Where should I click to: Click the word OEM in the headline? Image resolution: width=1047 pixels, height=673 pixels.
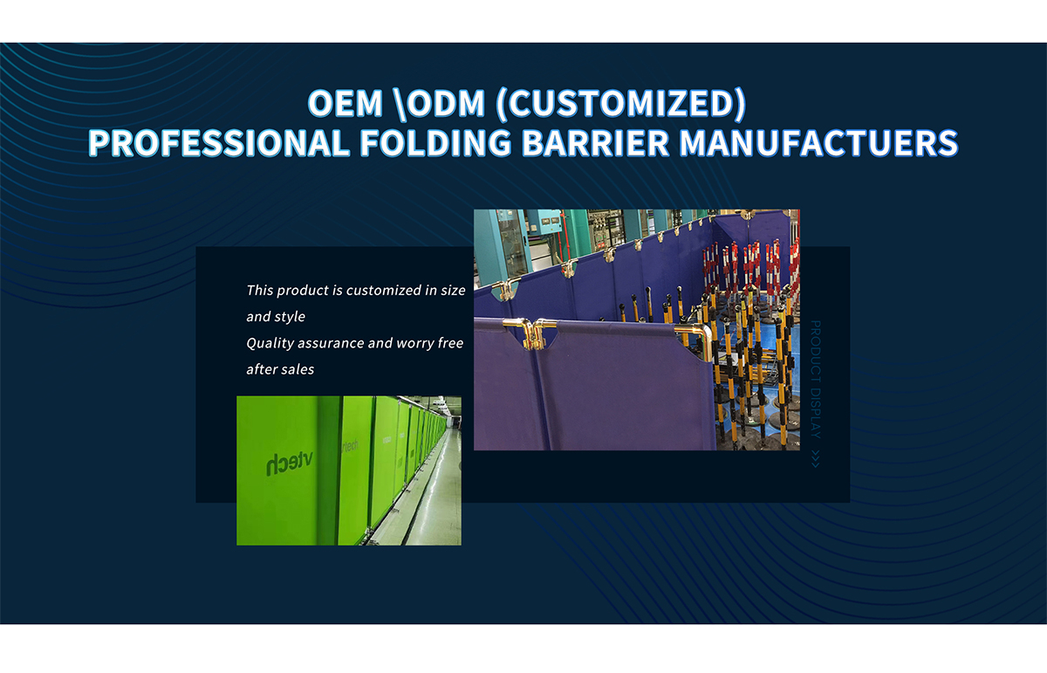coord(346,103)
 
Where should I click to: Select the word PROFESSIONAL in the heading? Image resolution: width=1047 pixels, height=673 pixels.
coord(219,142)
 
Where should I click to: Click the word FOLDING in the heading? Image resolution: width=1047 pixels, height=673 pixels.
coord(435,142)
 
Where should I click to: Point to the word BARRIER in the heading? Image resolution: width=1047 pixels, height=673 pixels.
coord(595,142)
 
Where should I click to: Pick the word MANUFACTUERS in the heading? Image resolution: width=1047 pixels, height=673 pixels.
coord(818,142)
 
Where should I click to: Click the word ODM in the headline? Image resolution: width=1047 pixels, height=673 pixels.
coord(446,103)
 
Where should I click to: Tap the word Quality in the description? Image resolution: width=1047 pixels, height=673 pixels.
coord(270,344)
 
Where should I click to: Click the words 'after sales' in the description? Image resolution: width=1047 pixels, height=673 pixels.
coord(280,369)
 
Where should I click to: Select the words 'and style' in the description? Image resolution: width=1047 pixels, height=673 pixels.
coord(276,317)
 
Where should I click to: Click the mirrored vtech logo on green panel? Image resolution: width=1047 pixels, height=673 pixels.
coord(290,464)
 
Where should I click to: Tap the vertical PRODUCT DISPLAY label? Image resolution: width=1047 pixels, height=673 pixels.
coord(815,380)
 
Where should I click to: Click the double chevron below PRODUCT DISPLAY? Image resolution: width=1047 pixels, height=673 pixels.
coord(815,459)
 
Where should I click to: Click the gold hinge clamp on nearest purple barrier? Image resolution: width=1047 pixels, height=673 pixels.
coord(531,334)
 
